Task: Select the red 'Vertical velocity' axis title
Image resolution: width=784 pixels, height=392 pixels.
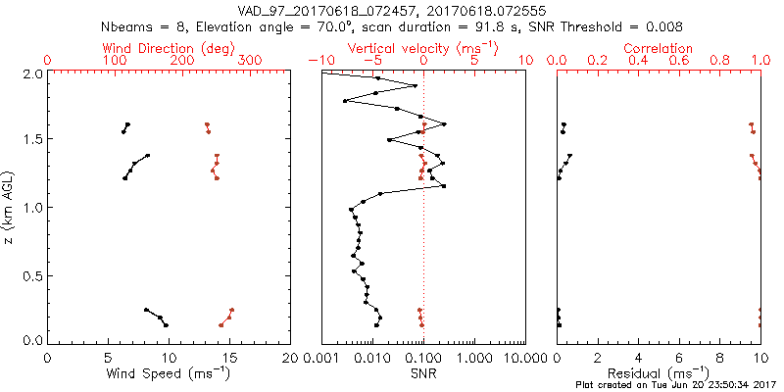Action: [422, 48]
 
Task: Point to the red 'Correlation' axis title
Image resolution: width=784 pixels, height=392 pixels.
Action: [659, 48]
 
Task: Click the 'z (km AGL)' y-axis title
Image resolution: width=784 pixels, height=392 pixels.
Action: [12, 206]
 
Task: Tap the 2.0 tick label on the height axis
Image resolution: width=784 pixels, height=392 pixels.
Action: [32, 73]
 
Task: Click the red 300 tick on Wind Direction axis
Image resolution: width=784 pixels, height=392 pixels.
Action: [250, 61]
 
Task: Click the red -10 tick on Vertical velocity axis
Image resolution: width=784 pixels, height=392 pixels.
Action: [318, 61]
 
